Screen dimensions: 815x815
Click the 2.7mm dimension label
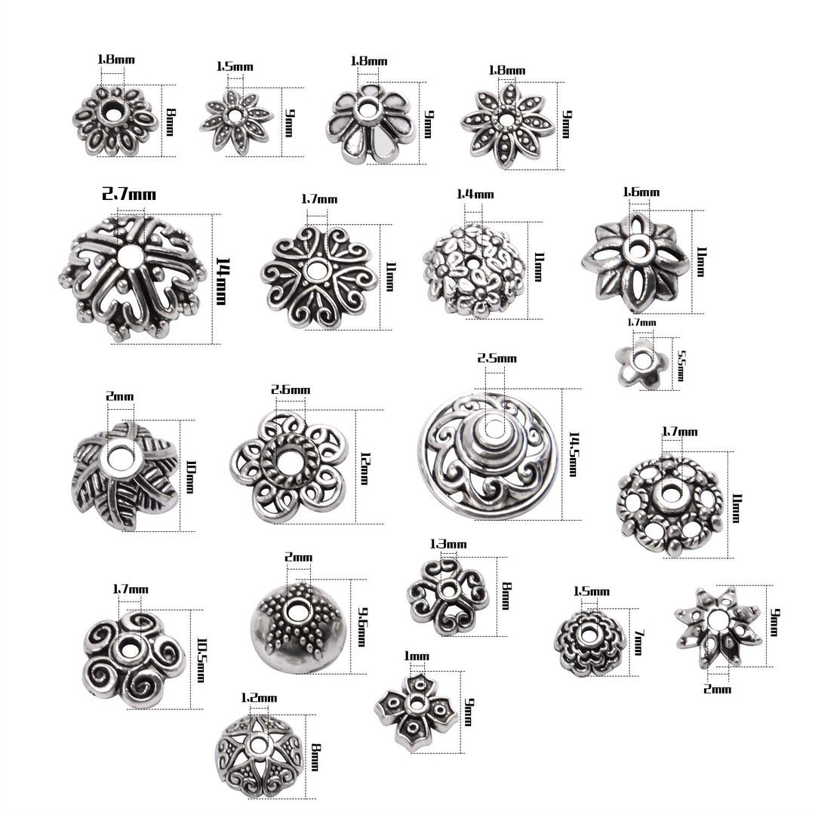pos(129,195)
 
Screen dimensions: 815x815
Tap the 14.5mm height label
pos(573,454)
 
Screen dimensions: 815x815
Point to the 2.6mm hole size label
pos(291,389)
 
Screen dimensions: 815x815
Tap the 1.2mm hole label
pos(259,697)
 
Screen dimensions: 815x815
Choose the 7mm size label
pos(639,641)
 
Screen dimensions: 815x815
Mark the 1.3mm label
pos(448,544)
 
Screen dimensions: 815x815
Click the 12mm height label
pos(365,469)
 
